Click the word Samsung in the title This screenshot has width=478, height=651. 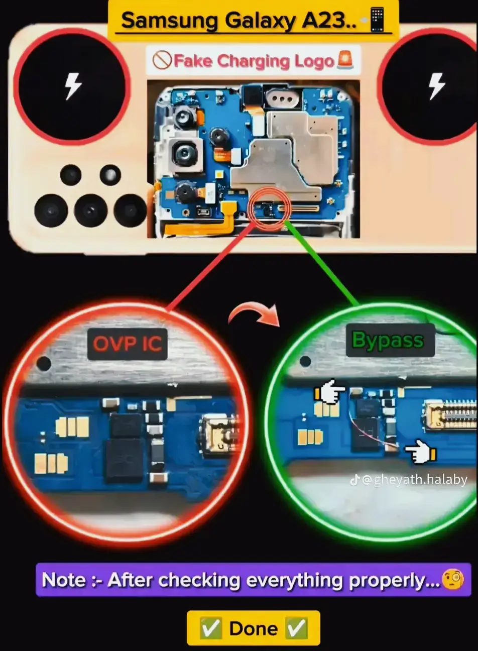(169, 21)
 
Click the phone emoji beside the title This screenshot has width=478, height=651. (378, 20)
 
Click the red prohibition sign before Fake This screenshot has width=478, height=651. (162, 60)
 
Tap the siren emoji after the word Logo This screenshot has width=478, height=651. (345, 60)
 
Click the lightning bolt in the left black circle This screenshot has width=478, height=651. (73, 86)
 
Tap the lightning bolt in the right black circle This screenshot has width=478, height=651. (436, 86)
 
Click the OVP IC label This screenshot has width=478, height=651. (127, 345)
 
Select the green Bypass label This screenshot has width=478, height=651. (390, 341)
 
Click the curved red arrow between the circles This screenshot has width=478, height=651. (254, 314)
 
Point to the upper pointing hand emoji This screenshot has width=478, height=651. (330, 391)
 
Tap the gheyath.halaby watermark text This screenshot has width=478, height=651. (420, 480)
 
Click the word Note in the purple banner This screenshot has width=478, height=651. (64, 580)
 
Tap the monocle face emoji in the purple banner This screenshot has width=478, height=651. (452, 579)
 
